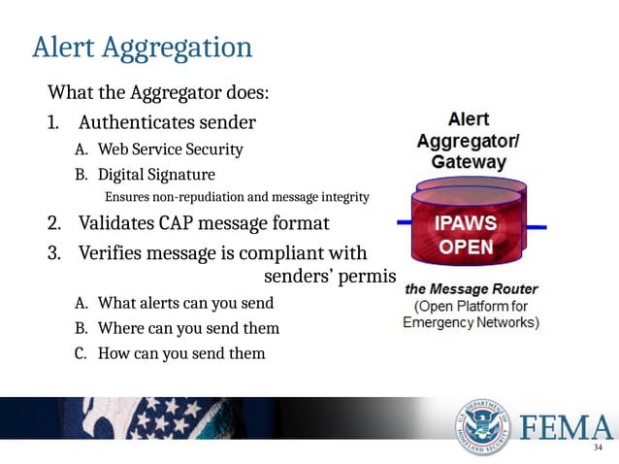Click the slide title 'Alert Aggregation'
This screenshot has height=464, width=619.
point(142,47)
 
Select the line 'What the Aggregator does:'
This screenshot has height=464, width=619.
point(158,94)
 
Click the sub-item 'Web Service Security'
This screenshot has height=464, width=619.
point(170,150)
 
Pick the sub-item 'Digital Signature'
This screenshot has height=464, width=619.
point(156,176)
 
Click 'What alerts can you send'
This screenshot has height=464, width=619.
point(185,303)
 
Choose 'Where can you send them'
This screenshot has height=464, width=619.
point(188,328)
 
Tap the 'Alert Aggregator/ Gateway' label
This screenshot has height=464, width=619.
point(467,142)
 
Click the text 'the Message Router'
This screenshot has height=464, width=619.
point(472,289)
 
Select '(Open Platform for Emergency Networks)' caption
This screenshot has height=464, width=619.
point(472,314)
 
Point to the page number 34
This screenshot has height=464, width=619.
point(597,448)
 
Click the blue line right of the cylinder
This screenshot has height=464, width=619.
point(535,228)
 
